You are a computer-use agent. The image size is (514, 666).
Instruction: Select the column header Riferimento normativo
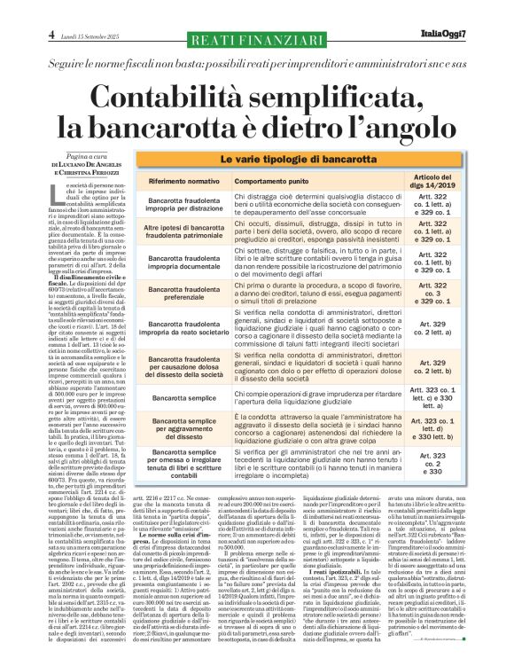point(188,179)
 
